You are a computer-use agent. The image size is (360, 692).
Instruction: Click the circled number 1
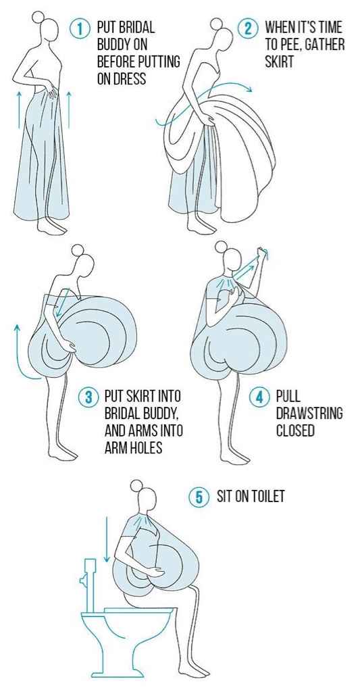[80, 29]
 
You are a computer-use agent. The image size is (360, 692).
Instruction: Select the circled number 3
[87, 397]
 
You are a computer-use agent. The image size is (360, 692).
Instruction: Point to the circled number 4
[259, 397]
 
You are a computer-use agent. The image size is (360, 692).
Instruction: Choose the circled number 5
[198, 497]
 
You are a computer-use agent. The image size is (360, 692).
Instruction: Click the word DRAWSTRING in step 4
[309, 414]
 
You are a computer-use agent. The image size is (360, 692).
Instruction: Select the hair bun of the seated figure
[137, 485]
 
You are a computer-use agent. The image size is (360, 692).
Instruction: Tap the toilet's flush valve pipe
[90, 585]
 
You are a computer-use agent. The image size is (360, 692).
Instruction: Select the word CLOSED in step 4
[295, 430]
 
